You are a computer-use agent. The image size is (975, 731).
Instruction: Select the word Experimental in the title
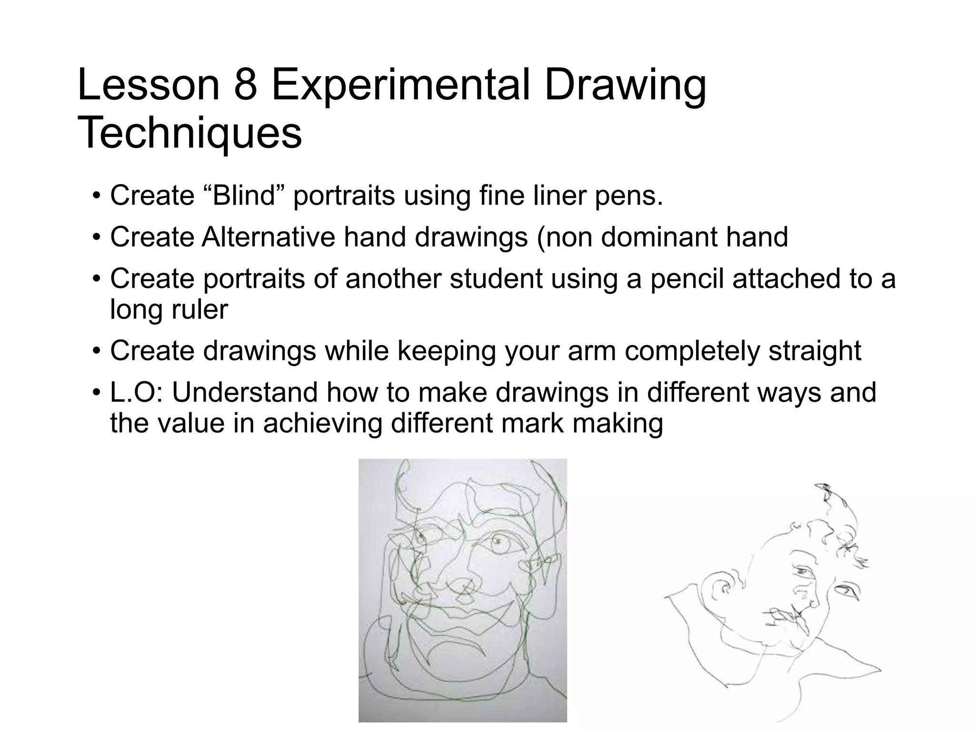pos(400,86)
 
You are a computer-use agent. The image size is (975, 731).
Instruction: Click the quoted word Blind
pos(245,196)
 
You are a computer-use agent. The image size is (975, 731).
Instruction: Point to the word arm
pos(593,351)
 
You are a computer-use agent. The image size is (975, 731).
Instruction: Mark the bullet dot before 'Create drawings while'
pos(97,352)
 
